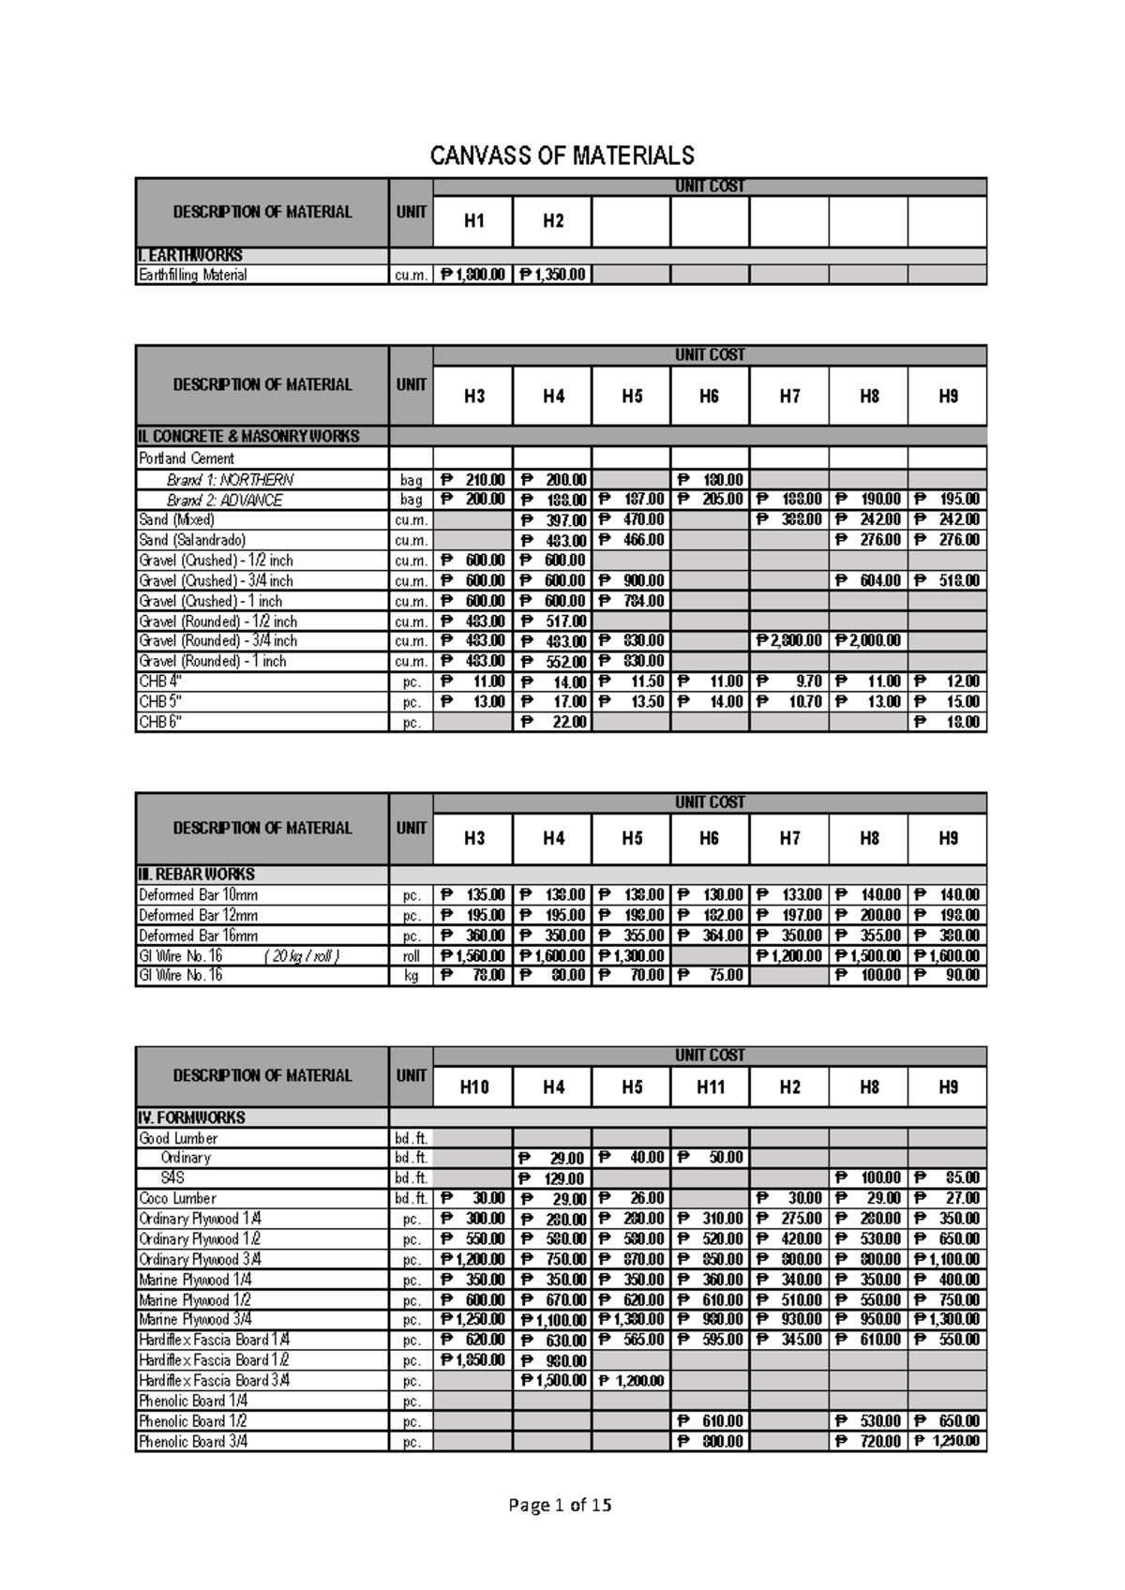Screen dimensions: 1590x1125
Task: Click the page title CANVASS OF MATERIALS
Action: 562,156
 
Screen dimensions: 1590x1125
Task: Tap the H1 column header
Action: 473,221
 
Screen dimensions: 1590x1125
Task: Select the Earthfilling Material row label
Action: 193,275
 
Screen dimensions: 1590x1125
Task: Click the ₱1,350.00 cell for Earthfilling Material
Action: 552,275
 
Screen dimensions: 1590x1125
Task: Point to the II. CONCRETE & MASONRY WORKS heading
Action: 249,436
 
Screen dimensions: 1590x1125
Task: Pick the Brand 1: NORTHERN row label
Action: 230,479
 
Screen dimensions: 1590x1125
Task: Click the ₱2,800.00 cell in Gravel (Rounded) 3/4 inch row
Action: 788,640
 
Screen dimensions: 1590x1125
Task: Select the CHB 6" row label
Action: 159,722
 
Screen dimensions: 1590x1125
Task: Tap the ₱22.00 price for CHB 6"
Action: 552,722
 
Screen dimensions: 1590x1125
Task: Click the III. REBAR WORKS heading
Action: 197,874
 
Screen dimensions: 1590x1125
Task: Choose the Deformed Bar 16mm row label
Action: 199,935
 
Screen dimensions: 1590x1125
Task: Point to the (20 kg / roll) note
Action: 301,955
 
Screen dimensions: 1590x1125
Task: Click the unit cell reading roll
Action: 411,955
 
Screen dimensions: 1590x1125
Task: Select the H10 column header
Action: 473,1087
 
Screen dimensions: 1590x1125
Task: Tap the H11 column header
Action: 710,1087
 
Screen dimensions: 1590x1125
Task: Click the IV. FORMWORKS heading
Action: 192,1117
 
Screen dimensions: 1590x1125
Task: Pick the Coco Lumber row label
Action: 177,1198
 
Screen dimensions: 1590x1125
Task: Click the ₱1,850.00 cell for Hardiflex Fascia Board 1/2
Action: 472,1359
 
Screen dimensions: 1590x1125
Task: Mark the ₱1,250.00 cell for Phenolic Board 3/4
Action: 947,1441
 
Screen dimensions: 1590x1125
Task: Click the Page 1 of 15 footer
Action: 560,1506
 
